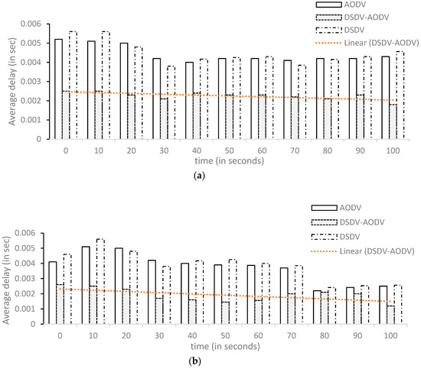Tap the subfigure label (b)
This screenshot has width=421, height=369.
[210, 363]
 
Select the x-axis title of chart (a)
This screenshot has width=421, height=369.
[222, 161]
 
